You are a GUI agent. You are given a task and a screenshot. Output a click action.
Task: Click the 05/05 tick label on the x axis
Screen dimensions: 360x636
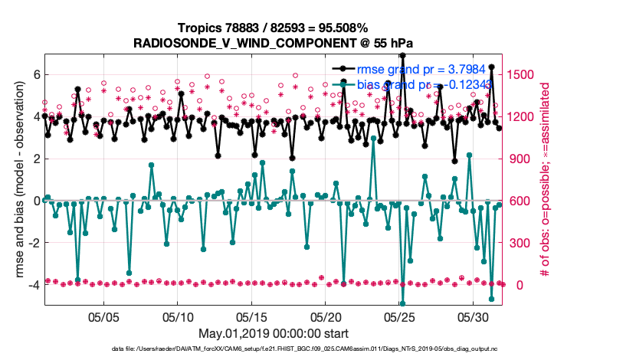click(x=104, y=316)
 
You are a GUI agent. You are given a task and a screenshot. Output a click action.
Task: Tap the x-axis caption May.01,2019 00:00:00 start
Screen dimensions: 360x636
click(x=274, y=334)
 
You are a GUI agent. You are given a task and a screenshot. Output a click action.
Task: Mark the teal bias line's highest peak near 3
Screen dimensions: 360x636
click(x=373, y=139)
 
